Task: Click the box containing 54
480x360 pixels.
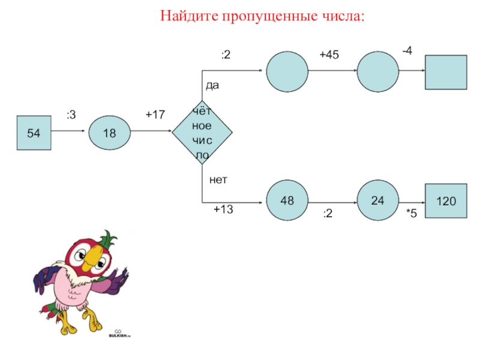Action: [x=34, y=133]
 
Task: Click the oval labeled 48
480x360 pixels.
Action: [x=287, y=200]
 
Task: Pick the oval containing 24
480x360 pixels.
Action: [x=377, y=200]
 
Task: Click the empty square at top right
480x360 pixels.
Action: [x=446, y=72]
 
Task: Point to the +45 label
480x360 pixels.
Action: [x=329, y=55]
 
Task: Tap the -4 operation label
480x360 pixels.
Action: [x=407, y=52]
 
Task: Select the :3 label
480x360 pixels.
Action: [x=71, y=113]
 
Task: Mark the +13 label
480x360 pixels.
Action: [x=223, y=209]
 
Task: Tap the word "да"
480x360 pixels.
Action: [x=212, y=85]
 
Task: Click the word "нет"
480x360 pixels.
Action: [x=218, y=179]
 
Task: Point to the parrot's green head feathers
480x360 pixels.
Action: [x=107, y=238]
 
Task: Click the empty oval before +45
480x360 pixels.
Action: [x=287, y=71]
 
